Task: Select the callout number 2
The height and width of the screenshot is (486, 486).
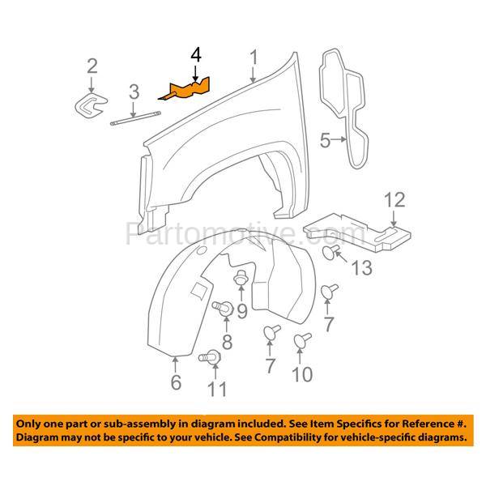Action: click(x=92, y=66)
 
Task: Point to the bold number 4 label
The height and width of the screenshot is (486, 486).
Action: click(x=195, y=55)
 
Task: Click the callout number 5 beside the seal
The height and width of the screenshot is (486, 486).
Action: click(x=324, y=142)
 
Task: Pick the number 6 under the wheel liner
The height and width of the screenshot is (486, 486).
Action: click(x=176, y=382)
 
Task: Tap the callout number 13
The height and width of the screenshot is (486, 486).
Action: click(x=364, y=267)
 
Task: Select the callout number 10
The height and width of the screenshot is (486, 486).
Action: click(x=302, y=373)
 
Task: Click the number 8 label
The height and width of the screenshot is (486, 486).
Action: click(x=226, y=342)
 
